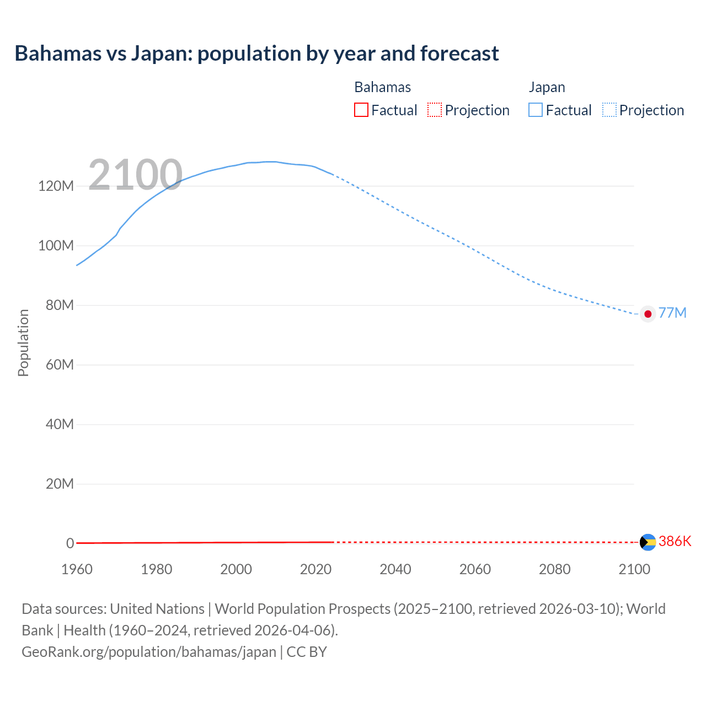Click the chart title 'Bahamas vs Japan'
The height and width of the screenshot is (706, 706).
pos(256,54)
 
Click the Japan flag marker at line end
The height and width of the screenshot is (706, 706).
pos(648,314)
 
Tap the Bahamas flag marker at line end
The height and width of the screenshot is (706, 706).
pos(648,542)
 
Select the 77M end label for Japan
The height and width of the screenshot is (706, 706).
pos(672,313)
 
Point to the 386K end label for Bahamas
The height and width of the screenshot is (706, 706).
pos(675,541)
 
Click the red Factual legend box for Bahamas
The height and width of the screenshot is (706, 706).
pos(361,110)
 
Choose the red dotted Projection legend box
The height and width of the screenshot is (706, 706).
pos(435,110)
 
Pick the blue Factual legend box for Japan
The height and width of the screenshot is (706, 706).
pos(536,110)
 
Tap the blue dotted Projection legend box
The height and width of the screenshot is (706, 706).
pos(609,110)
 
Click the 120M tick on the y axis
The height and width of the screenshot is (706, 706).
pos(56,186)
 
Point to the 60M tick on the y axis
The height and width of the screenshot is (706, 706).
pos(59,365)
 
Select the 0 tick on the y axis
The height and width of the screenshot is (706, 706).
pos(70,543)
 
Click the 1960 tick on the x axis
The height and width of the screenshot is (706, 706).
pos(77,569)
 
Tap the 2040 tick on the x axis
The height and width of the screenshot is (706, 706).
pos(395,569)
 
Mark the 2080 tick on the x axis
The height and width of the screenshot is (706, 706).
pos(554,569)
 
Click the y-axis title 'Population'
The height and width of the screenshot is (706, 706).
pos(23,343)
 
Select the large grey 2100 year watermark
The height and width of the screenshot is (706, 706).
pos(135,175)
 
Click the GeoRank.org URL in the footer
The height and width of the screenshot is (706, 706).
pos(149,652)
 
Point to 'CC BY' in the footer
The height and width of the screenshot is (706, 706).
pos(307,652)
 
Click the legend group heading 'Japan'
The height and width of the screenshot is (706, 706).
pos(547,87)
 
